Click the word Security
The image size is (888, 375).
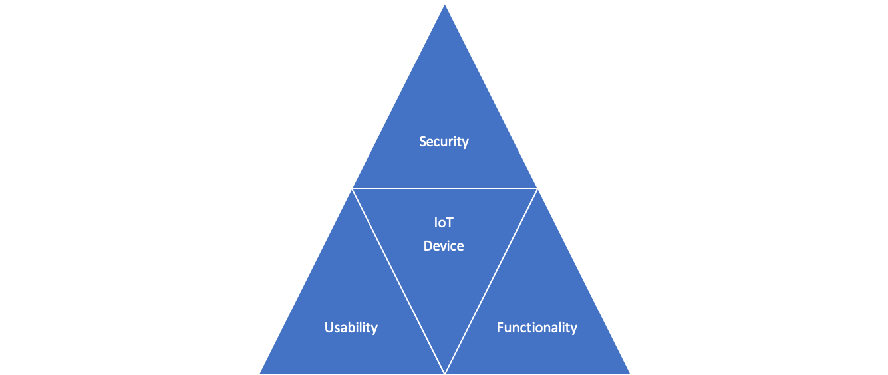tap(444, 142)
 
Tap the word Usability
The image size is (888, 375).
tap(351, 328)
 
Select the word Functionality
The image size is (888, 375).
tap(536, 328)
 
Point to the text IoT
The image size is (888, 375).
tap(443, 223)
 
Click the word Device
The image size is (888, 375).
tap(444, 246)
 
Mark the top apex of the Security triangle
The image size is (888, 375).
tap(444, 3)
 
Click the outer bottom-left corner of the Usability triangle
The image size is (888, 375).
tap(259, 373)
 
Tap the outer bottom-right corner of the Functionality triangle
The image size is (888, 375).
tap(629, 373)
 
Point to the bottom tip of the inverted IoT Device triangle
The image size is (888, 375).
tap(444, 372)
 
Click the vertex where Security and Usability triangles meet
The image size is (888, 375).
tap(352, 188)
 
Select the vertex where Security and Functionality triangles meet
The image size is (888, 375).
tap(537, 188)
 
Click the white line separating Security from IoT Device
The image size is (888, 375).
tap(444, 188)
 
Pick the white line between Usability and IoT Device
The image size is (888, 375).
tap(398, 280)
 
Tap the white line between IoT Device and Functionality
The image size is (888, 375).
tap(491, 280)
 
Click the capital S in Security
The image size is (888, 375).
tap(423, 142)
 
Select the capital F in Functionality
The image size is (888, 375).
tap(500, 328)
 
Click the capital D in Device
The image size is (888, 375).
tap(428, 246)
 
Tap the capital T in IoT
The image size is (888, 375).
tap(450, 223)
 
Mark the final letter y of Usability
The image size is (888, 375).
tap(374, 329)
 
